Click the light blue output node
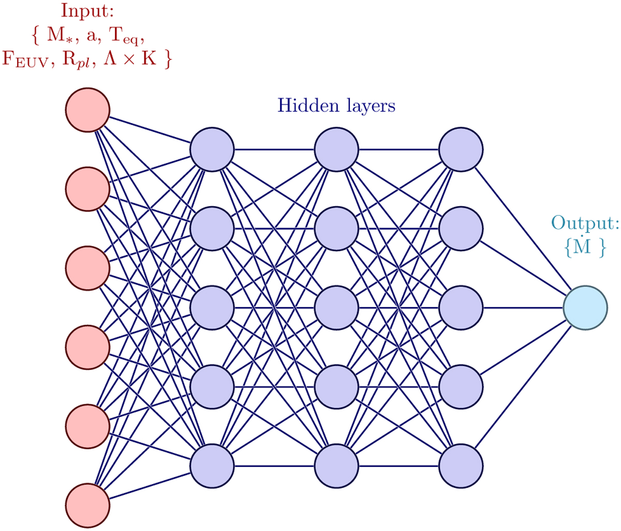coord(585,308)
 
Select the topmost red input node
coord(87,110)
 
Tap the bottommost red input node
coord(87,505)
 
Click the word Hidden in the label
coord(305,105)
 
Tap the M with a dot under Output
coord(582,247)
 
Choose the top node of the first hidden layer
coord(212,149)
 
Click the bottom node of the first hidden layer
coord(212,466)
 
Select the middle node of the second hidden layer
coord(336,308)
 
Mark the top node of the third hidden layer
coord(461,149)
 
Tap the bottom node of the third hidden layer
coord(461,466)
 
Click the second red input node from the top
coord(87,189)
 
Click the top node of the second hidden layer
coord(336,149)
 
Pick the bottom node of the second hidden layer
coord(336,466)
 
